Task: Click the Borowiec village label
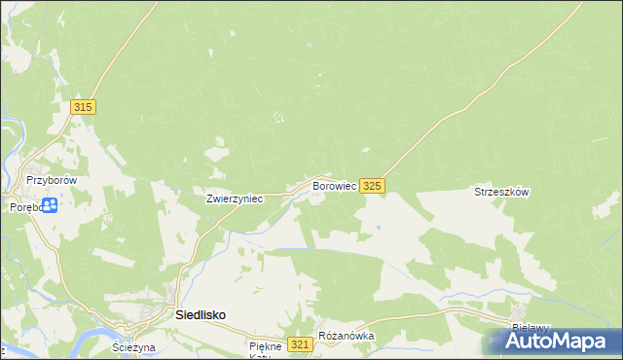pyautogui.click(x=334, y=185)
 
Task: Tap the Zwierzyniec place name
pyautogui.click(x=235, y=198)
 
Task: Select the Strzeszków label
pyautogui.click(x=500, y=193)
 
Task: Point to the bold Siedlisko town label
pyautogui.click(x=201, y=315)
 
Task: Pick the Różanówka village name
pyautogui.click(x=346, y=337)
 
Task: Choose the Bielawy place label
pyautogui.click(x=531, y=328)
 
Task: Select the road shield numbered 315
pyautogui.click(x=83, y=107)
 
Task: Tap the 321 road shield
pyautogui.click(x=301, y=344)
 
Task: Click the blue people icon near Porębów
pyautogui.click(x=50, y=205)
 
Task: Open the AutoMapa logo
pyautogui.click(x=561, y=342)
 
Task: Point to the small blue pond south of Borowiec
pyautogui.click(x=378, y=228)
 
